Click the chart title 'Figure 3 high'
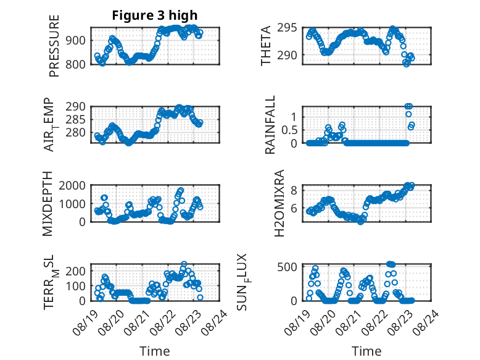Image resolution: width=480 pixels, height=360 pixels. pos(155,15)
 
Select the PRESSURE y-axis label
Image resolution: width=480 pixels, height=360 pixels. pos(54,46)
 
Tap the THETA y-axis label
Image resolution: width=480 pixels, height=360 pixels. pos(266,46)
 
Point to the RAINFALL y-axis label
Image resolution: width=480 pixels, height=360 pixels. pos(270,125)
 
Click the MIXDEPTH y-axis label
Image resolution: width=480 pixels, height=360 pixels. pos(48,204)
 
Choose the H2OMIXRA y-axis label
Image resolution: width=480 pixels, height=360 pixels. pos(279,203)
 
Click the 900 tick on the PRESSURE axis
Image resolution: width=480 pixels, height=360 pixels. pos(75,40)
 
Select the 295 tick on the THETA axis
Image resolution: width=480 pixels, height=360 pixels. pos(287,28)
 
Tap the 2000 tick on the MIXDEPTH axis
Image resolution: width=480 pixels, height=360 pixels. pos(72,185)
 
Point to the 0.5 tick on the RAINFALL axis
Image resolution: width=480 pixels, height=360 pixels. pos(289,130)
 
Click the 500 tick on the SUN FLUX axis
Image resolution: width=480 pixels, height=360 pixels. pos(287,267)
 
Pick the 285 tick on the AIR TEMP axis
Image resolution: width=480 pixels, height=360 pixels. pos(75,120)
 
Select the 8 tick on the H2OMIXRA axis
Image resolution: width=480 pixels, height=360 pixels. pos(294,191)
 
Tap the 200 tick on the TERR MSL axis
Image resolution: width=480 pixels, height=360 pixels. pos(75,271)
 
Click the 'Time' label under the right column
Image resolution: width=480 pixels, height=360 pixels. pos(366,351)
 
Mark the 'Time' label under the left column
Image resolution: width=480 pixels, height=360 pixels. pos(155,351)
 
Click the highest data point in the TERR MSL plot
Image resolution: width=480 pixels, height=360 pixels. pos(184,264)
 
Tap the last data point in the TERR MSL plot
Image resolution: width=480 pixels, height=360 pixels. pos(200,297)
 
